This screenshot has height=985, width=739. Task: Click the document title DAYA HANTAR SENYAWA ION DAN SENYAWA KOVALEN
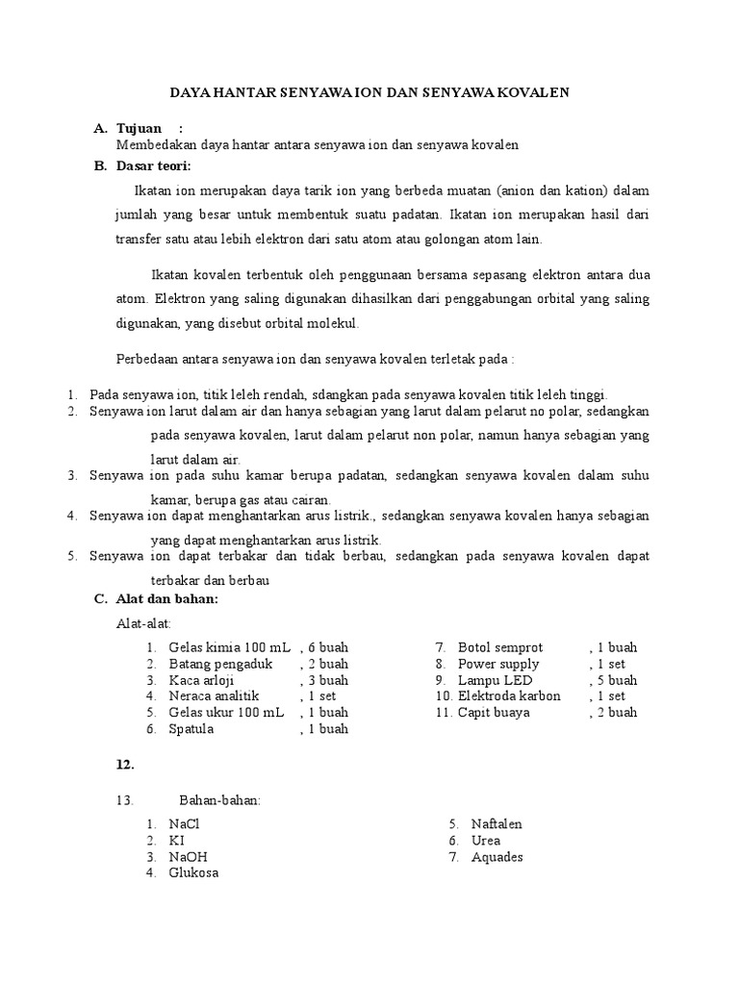tap(369, 92)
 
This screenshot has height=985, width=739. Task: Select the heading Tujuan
tap(139, 128)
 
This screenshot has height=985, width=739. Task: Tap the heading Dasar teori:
tap(154, 165)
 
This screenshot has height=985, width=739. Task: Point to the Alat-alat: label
tap(143, 624)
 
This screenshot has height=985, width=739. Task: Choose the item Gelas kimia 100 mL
tap(229, 647)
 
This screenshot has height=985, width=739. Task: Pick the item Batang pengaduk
tap(220, 664)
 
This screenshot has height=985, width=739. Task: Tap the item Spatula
tap(191, 729)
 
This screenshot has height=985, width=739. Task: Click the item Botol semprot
tap(500, 647)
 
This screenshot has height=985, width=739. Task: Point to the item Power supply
tap(498, 664)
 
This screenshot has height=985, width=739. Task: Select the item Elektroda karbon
tap(509, 696)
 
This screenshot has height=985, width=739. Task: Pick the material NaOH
tap(188, 857)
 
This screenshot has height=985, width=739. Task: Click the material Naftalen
tap(497, 824)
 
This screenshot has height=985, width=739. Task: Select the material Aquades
tap(497, 857)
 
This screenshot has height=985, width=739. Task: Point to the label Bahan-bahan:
tap(220, 800)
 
